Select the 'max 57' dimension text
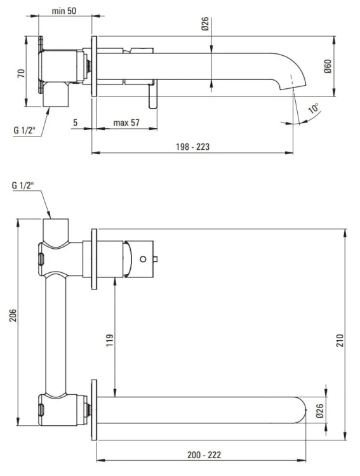coord(126,122)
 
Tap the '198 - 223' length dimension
coord(193,147)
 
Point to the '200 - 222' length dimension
coord(204,455)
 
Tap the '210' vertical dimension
coord(340,338)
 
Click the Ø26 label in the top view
coord(204,25)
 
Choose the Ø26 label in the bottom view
coord(320,411)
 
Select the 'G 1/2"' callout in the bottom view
coord(23,185)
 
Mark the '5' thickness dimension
coord(75,122)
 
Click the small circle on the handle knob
coord(143,258)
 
